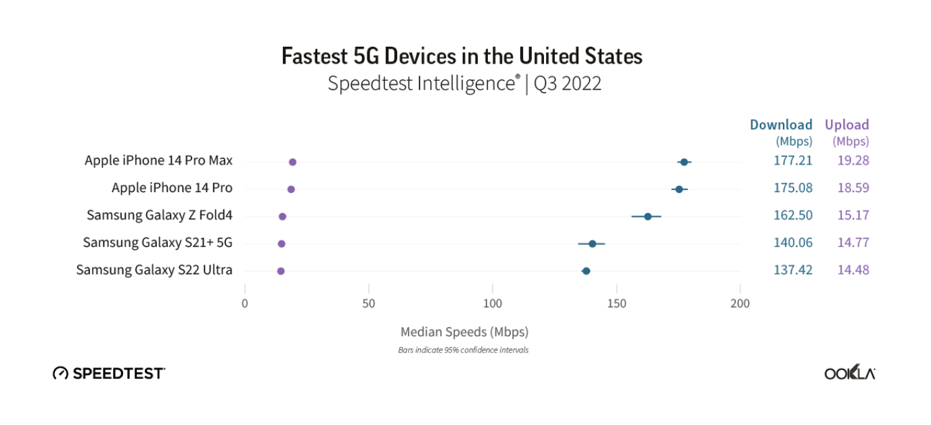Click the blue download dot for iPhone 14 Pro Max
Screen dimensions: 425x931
(684, 162)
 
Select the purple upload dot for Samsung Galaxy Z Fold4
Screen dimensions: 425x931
(282, 217)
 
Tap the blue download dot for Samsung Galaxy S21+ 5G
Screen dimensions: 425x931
(592, 244)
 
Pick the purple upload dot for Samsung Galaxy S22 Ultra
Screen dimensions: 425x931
(281, 271)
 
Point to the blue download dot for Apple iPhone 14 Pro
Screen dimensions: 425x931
(679, 189)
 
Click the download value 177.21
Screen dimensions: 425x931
(793, 160)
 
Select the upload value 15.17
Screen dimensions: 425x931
(853, 215)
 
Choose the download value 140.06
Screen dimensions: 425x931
(793, 242)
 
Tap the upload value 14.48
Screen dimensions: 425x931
(853, 269)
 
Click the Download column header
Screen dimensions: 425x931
(781, 125)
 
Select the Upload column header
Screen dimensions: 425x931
(846, 125)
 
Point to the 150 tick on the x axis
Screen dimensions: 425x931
(616, 303)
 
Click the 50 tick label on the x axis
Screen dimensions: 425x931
(369, 303)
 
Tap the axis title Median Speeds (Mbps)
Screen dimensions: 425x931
(464, 332)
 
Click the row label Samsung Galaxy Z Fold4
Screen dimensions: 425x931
(159, 215)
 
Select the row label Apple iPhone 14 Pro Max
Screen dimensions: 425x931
(158, 160)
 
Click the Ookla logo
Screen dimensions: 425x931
(849, 373)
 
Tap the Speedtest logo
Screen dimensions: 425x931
(109, 373)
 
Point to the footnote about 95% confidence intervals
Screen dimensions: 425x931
(463, 350)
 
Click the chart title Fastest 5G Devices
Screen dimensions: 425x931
(462, 55)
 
